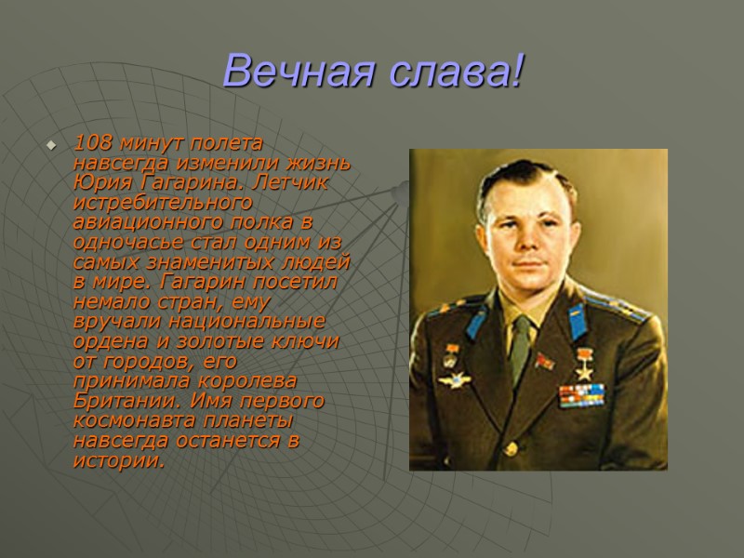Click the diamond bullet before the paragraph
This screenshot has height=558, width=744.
click(51, 145)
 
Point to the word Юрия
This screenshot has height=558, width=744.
click(98, 181)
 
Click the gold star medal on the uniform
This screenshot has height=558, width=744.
click(585, 361)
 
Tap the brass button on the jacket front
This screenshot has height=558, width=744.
click(511, 448)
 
